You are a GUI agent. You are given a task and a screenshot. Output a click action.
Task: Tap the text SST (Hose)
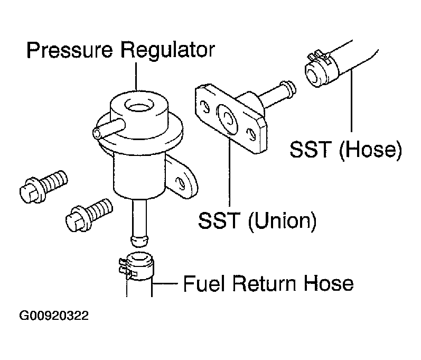click(x=345, y=150)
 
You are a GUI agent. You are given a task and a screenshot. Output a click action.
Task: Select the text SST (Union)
click(x=257, y=220)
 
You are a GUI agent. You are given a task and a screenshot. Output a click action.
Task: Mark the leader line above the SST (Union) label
click(x=229, y=169)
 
